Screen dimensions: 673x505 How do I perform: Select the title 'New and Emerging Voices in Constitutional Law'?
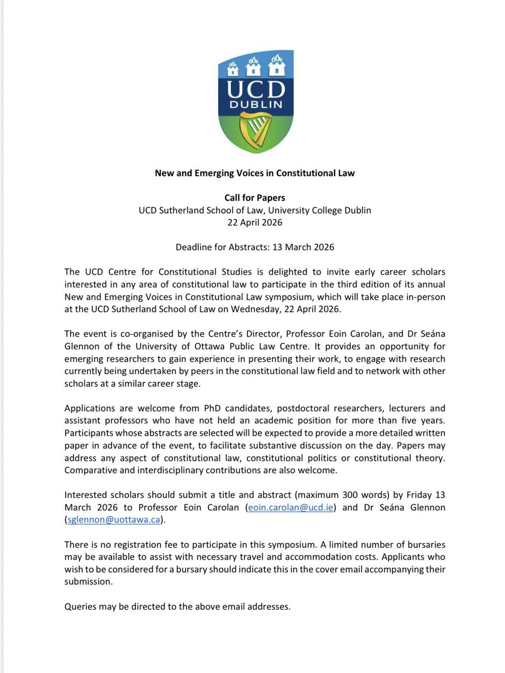(x=254, y=173)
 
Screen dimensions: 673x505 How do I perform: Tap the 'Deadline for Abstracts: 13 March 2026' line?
(x=254, y=246)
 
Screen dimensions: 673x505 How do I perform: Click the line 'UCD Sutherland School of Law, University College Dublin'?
(x=254, y=210)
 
